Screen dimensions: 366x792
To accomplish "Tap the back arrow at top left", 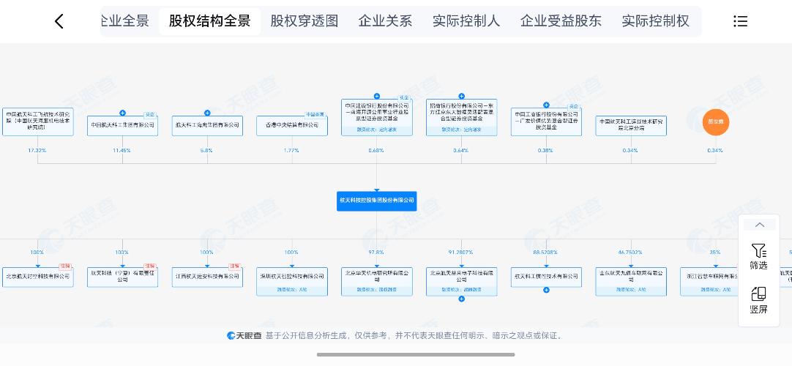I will pos(59,21).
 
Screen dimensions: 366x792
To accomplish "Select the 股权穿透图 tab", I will pos(305,21).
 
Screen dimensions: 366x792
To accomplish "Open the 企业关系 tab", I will pos(385,21).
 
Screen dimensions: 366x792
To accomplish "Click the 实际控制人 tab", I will pos(466,21).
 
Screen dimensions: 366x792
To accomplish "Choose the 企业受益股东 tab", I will pos(561,21).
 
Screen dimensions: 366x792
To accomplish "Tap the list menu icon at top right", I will pos(740,21).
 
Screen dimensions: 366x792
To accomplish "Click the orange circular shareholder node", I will pos(715,123).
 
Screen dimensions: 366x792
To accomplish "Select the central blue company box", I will pos(376,201).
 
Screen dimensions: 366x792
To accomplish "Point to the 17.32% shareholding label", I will pos(37,150).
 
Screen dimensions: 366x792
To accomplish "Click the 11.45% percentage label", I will pos(122,150).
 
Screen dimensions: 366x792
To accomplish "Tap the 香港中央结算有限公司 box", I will pos(291,125).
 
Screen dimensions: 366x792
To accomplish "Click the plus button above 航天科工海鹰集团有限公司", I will pos(207,113).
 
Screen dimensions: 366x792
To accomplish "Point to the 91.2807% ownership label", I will pos(461,252).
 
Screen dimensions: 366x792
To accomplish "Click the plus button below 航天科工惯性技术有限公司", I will pos(546,290).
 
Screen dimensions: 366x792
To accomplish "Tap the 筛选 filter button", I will pos(758,257).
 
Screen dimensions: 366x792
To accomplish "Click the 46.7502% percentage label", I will pos(630,252).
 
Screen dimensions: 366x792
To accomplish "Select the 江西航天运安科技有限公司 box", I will pos(207,277).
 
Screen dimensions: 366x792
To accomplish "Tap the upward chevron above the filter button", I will pos(759,225).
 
